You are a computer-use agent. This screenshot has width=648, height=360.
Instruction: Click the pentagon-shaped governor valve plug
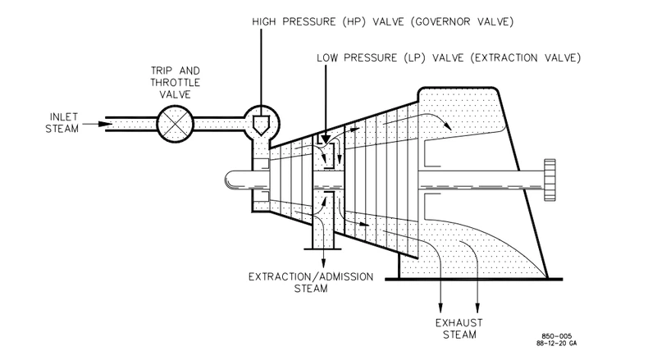pos(261,125)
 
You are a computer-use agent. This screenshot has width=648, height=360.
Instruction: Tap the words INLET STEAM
pos(62,123)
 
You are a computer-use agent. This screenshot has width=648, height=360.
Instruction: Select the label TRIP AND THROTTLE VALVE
pos(176,83)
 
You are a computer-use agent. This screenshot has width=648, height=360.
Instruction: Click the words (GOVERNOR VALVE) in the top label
pos(462,21)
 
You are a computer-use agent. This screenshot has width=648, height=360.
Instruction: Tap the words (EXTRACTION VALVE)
pos(525,58)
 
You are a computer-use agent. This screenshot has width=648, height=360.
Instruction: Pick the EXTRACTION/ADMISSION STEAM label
pos(311,282)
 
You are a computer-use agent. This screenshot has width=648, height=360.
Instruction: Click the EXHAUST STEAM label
pos(459,329)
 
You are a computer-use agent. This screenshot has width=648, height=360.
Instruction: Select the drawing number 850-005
pos(557,336)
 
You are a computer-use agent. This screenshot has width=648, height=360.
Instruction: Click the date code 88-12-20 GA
pos(557,343)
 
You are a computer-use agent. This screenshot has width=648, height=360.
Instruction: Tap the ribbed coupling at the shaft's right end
pos(550,180)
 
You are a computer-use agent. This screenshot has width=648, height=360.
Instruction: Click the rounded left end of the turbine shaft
pos(230,180)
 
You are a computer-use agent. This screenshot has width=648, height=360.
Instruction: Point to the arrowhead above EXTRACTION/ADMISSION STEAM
pos(323,263)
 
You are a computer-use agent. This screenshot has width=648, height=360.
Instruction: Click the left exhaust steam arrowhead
pos(440,308)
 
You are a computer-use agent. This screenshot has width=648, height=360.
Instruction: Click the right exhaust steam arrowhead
pos(477,308)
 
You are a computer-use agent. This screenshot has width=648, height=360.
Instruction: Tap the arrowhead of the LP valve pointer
pos(326,138)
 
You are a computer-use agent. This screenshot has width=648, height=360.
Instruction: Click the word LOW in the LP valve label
pos(327,58)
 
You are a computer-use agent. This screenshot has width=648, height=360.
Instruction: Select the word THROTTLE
pos(176,83)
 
